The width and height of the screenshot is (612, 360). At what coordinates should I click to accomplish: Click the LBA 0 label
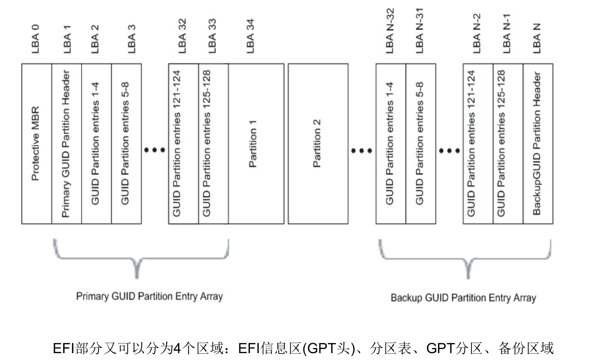coord(36,39)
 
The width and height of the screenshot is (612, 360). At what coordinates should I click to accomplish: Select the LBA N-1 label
coord(507,37)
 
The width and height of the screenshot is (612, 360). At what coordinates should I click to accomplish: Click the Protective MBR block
coord(37,144)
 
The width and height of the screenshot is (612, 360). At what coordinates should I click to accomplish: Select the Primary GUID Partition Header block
coord(66,144)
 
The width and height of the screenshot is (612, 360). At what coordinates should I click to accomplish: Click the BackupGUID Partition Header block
coord(538,144)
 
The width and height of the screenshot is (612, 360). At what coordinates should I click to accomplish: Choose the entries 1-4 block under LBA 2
coord(96,144)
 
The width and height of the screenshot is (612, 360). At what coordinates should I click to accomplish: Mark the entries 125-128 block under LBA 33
coord(213,144)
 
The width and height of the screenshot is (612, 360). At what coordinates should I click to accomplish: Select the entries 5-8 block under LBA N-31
coord(420,144)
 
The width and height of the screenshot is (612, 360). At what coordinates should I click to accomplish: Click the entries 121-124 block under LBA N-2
coord(478,144)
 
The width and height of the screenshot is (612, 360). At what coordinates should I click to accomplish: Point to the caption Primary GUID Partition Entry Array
coord(149,296)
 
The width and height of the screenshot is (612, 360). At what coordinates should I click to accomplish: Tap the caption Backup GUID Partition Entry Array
coord(463,298)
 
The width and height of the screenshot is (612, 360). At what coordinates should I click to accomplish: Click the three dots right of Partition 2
coord(362,150)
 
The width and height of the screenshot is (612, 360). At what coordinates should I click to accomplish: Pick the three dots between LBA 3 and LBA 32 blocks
coord(154,150)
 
